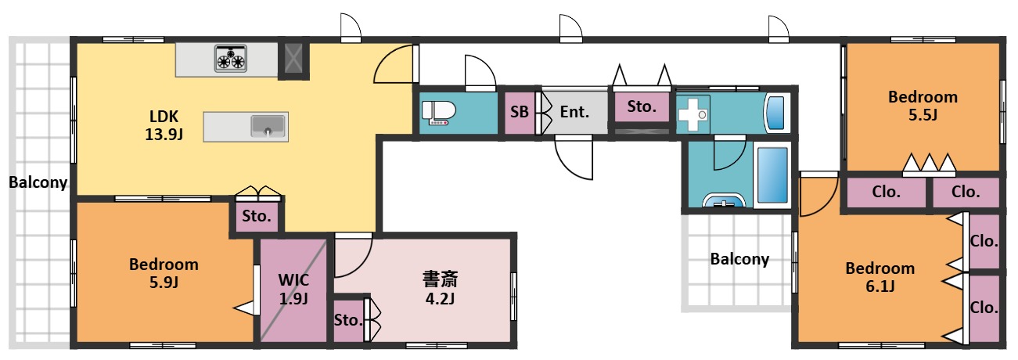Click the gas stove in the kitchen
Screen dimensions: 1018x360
point(231,58)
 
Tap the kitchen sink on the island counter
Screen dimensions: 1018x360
point(268,126)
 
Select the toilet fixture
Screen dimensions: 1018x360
point(438,112)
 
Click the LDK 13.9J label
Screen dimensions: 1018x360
point(164,125)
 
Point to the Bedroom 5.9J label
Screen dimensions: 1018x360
point(164,273)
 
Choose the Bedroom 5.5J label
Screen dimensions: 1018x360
point(923,106)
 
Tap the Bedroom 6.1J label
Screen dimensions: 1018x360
point(880,277)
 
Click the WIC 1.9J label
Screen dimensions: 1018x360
point(293,289)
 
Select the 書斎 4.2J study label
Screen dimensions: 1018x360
point(440,288)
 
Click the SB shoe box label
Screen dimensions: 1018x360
point(520,112)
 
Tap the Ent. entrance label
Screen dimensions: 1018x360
point(574,112)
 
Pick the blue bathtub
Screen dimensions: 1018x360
point(772,175)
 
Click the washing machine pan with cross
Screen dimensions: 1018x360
point(692,114)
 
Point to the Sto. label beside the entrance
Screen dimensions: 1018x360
point(642,106)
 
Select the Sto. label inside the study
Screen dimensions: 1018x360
point(348,320)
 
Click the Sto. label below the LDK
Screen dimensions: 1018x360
point(257,216)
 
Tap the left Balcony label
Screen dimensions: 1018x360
point(38,182)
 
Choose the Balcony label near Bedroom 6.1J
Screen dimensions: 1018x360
point(740,259)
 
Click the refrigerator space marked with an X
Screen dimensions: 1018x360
point(293,59)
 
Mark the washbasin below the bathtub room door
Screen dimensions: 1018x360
point(724,200)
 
